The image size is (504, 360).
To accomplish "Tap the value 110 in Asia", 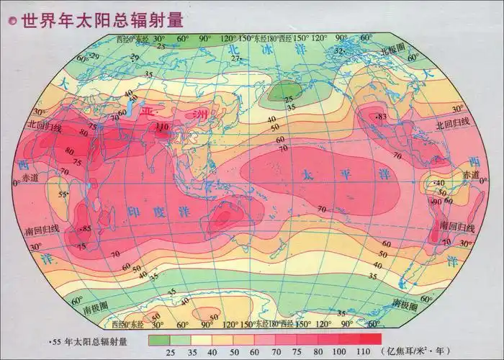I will (163, 127).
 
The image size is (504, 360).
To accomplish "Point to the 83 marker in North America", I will (382, 117).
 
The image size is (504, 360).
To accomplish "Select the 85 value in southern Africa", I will (87, 229).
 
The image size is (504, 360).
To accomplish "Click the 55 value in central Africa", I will (63, 194).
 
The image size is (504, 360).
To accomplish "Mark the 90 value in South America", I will (436, 202).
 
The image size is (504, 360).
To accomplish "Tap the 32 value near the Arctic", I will (338, 50).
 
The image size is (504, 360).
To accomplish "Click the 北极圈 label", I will (395, 52).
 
